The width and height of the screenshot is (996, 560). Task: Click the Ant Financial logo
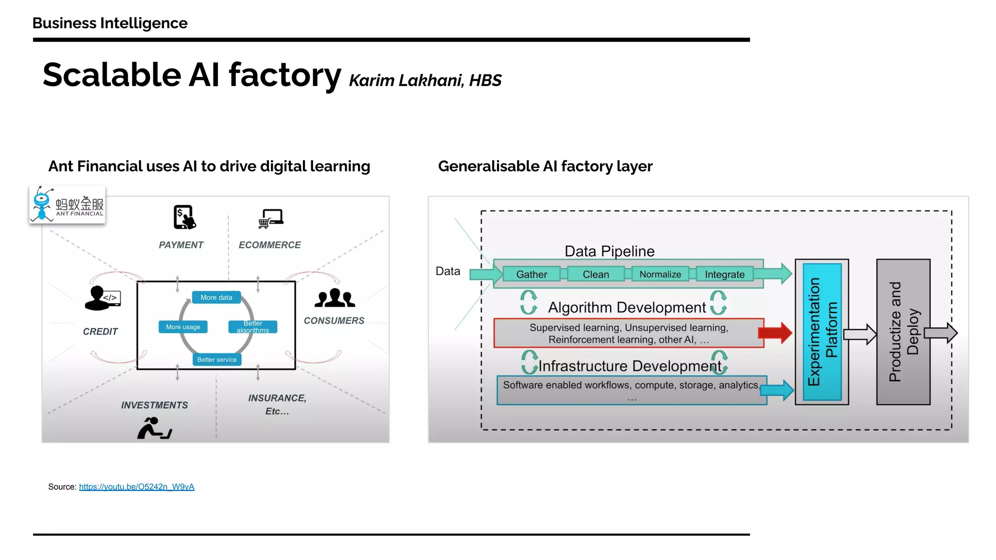pos(67,205)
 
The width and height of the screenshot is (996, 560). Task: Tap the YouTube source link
pos(137,487)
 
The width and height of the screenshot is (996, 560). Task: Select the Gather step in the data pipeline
pos(531,274)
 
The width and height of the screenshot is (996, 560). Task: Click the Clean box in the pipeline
pos(596,274)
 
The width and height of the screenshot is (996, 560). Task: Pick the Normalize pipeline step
pos(660,274)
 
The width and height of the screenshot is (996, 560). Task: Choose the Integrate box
pos(724,274)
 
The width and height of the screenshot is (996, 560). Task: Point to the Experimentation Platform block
pos(822,332)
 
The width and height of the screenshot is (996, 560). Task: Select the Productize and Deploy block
pos(903,332)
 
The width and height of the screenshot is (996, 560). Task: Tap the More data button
pos(216,297)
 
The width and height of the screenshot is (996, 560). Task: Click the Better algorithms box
pos(253,327)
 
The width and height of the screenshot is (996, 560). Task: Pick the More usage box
pos(183,327)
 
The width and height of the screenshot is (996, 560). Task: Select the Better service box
pos(217,360)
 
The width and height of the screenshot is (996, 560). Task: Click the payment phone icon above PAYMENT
pos(184,217)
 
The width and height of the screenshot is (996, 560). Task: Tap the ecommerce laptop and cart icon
pos(271,219)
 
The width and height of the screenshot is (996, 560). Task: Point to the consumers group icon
pos(335,298)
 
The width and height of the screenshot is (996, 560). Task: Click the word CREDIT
pos(100,332)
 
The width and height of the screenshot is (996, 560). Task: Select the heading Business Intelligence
pos(110,23)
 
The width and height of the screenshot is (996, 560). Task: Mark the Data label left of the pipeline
pos(447,271)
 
